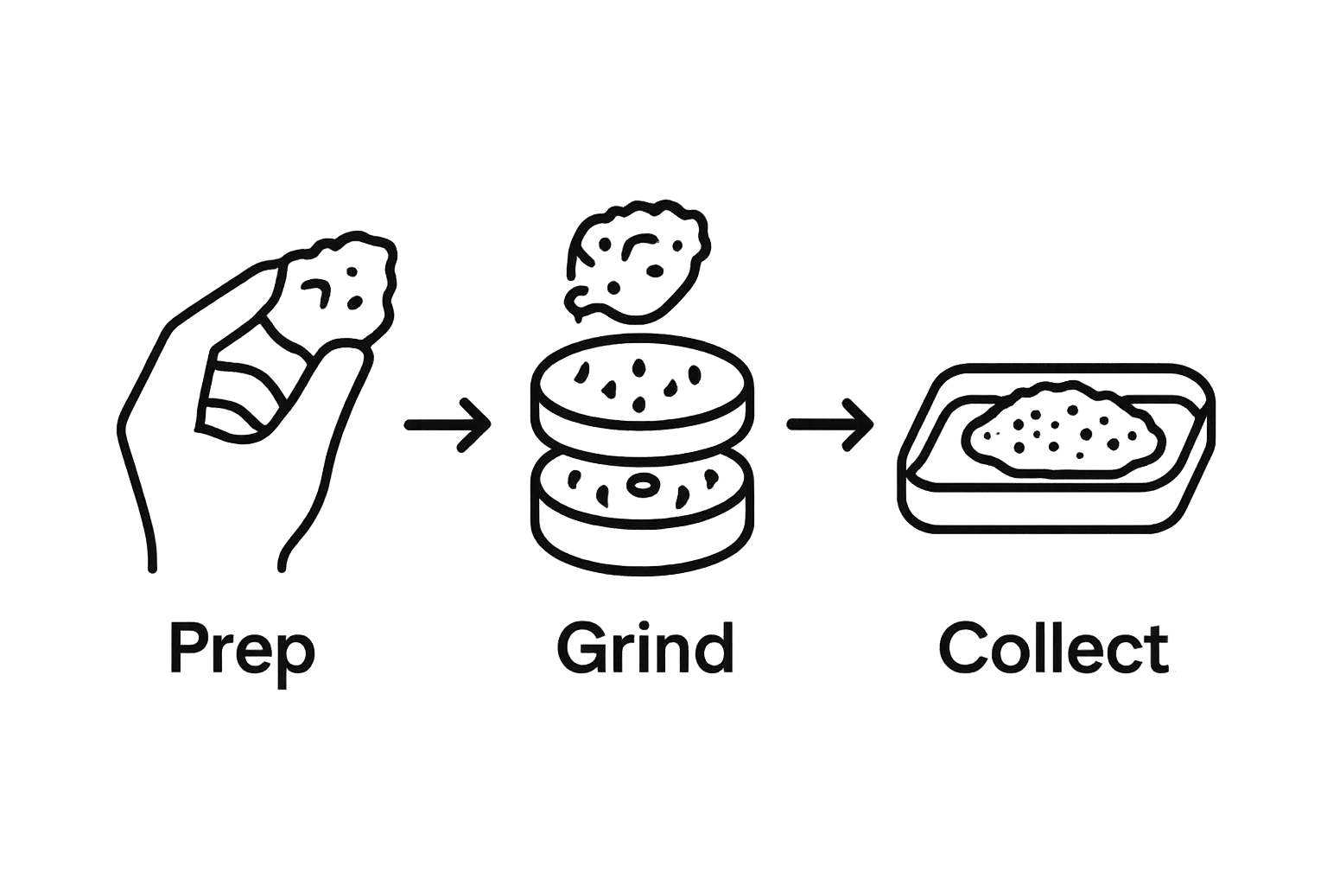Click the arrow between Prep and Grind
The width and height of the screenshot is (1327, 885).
pos(448,424)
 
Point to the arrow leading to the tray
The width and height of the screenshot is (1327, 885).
pos(830,424)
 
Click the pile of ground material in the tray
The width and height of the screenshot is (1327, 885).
pos(1063,430)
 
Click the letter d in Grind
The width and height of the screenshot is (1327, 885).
pos(713,646)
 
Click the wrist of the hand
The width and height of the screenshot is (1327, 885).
pos(216,533)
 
